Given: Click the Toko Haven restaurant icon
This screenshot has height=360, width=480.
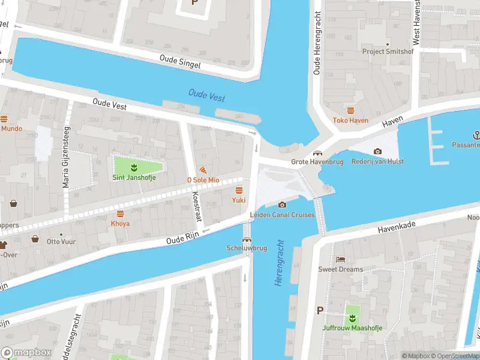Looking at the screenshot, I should tap(351, 110).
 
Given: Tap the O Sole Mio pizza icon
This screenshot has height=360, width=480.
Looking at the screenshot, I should tap(203, 170).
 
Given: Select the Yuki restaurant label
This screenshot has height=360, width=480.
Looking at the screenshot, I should tap(238, 200).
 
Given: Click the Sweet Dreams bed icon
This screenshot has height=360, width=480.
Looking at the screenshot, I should tap(340, 259).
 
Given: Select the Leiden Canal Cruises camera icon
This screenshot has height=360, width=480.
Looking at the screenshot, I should tap(282, 205).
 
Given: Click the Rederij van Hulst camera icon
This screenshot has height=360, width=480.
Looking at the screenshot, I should tap(377, 151).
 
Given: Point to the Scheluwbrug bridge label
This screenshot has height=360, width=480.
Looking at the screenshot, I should tap(246, 248).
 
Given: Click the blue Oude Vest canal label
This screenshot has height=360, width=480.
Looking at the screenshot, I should tap(206, 95).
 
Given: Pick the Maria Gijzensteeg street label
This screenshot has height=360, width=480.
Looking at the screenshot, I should tap(67, 157).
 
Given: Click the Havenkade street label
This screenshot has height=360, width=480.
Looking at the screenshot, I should tap(397, 225).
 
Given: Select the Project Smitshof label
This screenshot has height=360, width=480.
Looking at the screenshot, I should tap(388, 52).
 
